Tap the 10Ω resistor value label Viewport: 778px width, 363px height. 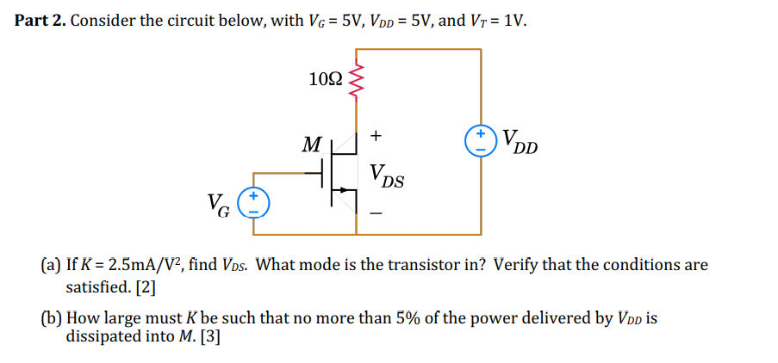tap(326, 79)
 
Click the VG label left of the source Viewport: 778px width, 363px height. tap(219, 205)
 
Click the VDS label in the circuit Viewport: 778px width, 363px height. tap(387, 176)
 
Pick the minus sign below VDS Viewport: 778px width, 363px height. tap(377, 215)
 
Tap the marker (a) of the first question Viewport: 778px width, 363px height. tap(51, 265)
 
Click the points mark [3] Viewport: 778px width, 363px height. tap(210, 337)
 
